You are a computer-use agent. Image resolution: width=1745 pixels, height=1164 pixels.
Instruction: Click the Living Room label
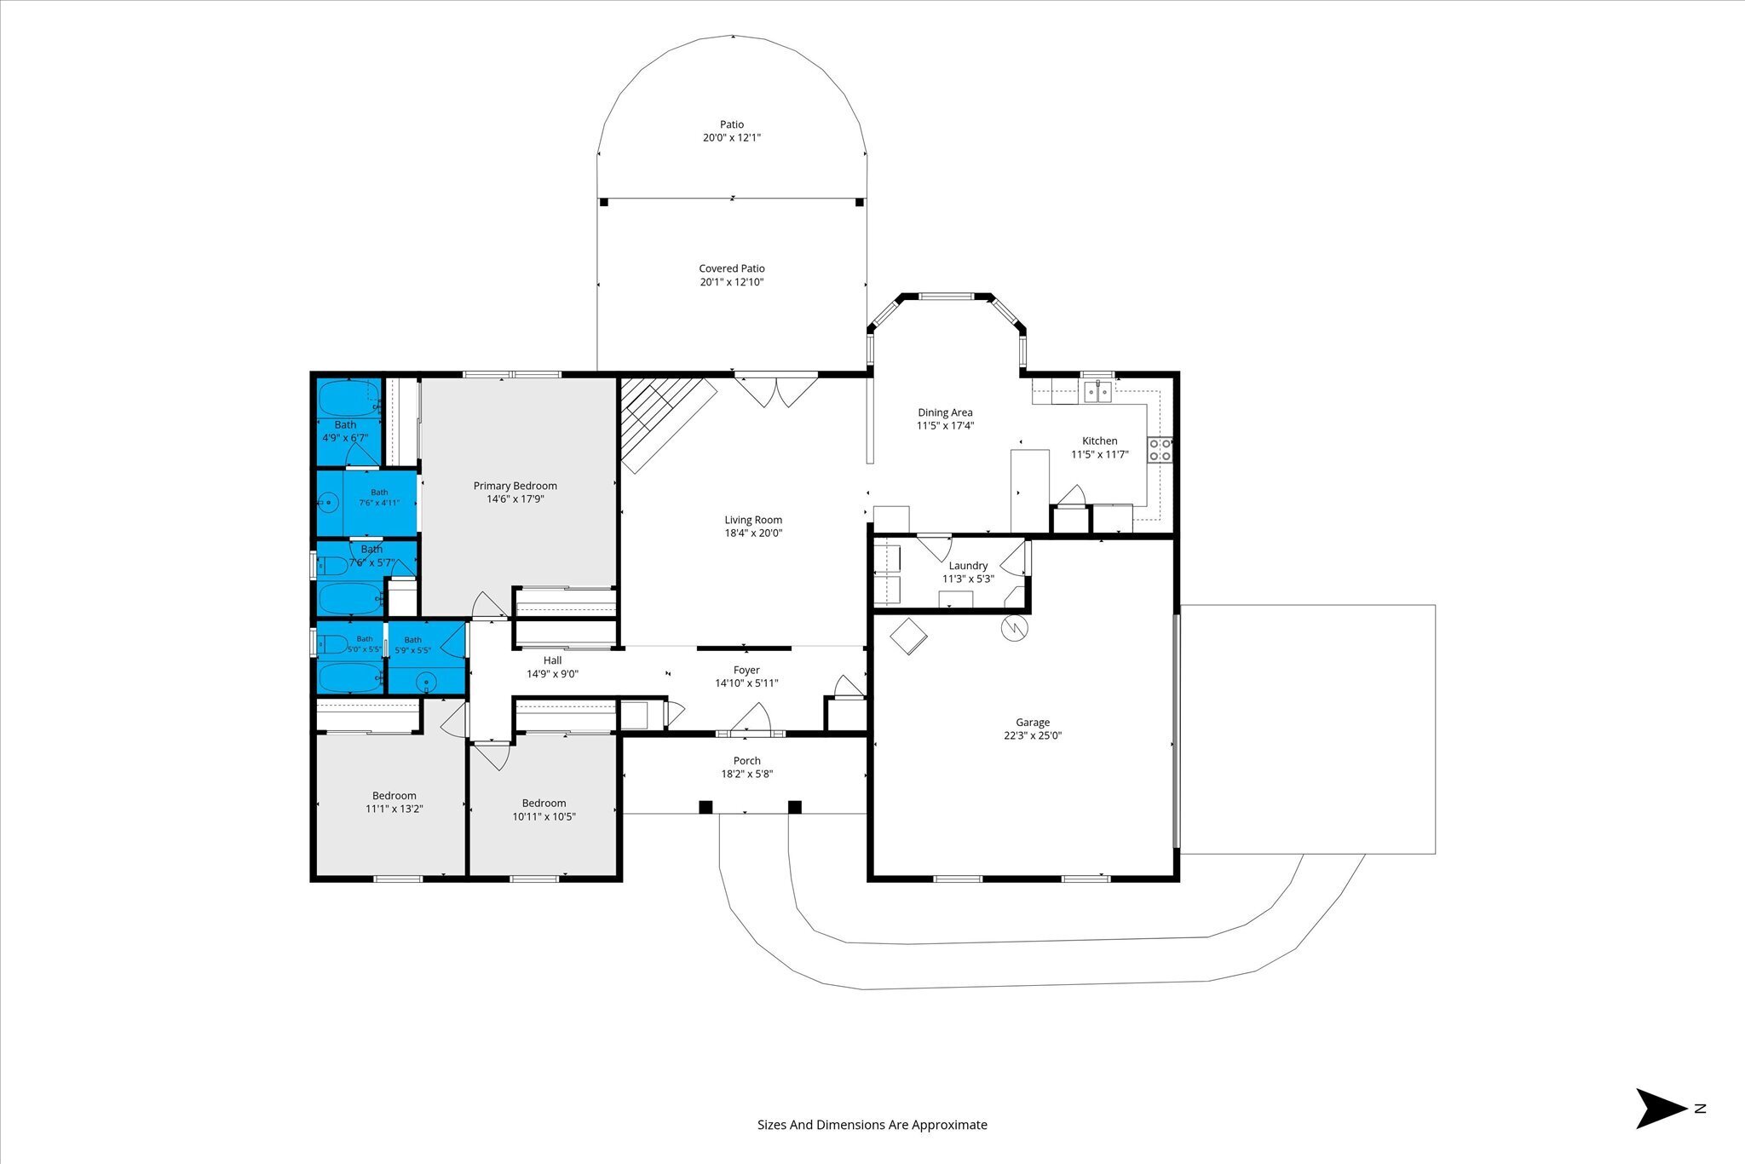753,520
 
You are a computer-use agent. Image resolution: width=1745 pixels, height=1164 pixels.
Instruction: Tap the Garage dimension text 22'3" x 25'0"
1033,736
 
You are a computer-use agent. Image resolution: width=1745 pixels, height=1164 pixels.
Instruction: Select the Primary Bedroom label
515,486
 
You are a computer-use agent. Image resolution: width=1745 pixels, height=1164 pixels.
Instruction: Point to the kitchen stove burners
1160,450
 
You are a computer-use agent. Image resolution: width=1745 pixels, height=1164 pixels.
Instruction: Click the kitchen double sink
1098,392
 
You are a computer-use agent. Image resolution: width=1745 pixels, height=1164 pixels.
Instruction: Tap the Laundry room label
968,566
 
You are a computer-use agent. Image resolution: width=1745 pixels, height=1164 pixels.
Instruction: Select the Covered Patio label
732,268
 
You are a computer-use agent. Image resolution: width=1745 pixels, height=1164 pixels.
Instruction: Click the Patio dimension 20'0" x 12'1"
732,137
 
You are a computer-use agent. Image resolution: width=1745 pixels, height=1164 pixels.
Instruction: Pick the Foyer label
746,670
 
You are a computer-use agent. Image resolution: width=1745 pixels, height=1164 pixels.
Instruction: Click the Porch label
747,761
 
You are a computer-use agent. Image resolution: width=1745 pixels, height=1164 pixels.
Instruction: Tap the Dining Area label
945,412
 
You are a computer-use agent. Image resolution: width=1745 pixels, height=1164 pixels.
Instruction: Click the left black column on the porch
705,807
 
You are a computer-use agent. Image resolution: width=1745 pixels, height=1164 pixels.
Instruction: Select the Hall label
553,660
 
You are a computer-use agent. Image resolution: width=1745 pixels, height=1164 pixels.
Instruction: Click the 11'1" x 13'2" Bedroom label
394,796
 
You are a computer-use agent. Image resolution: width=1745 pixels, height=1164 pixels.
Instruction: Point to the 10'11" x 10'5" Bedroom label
544,803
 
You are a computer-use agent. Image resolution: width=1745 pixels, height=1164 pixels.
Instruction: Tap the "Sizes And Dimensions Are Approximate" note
872,1125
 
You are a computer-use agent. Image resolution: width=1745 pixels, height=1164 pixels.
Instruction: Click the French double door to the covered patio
776,390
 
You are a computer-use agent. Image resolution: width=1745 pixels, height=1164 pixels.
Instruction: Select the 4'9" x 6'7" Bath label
345,425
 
